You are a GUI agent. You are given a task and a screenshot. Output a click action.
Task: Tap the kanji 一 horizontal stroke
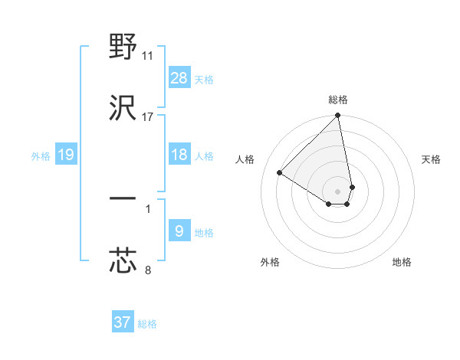123,198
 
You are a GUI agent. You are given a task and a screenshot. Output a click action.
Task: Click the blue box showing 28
179,78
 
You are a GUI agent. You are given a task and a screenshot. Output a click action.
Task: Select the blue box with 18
179,155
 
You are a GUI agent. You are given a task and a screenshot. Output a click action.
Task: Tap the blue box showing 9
179,231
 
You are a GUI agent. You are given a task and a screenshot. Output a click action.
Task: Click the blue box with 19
66,155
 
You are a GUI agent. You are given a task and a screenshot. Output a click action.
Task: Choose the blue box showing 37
122,322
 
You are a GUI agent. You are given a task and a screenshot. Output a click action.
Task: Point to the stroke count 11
148,56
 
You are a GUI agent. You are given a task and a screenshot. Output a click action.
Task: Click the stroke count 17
148,116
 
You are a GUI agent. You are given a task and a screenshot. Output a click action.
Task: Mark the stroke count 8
148,269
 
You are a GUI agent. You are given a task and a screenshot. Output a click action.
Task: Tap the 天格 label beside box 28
203,79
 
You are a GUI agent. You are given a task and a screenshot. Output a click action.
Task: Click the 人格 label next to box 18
203,155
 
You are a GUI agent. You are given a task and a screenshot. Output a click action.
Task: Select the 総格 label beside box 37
147,323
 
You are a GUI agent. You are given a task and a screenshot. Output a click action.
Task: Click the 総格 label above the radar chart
338,100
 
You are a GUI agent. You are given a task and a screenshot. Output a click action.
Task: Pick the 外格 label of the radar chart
270,262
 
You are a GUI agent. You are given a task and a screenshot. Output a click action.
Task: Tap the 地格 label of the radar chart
402,262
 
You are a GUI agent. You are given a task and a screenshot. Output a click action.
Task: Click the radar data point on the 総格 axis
338,116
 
